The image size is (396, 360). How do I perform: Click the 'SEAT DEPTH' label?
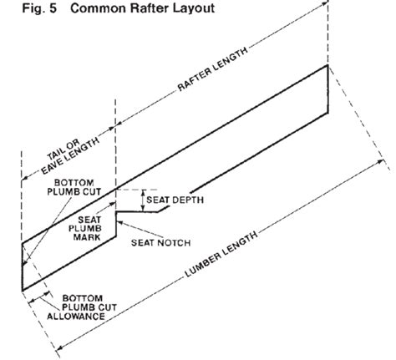[175, 200]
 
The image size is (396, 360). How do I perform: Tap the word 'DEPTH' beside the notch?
[189, 200]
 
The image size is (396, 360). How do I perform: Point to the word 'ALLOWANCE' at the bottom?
[80, 317]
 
